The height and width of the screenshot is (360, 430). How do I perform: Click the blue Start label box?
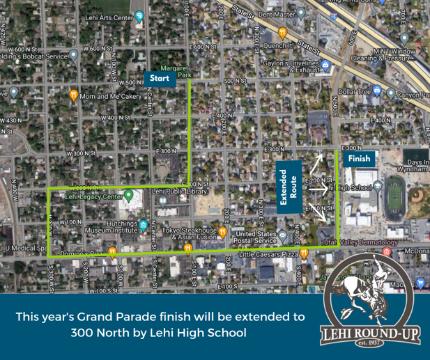point(158,78)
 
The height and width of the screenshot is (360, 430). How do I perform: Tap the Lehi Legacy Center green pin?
point(128,194)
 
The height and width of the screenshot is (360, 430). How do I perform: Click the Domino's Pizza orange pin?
point(112,252)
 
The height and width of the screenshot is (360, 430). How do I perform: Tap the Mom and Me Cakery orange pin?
point(73,95)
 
